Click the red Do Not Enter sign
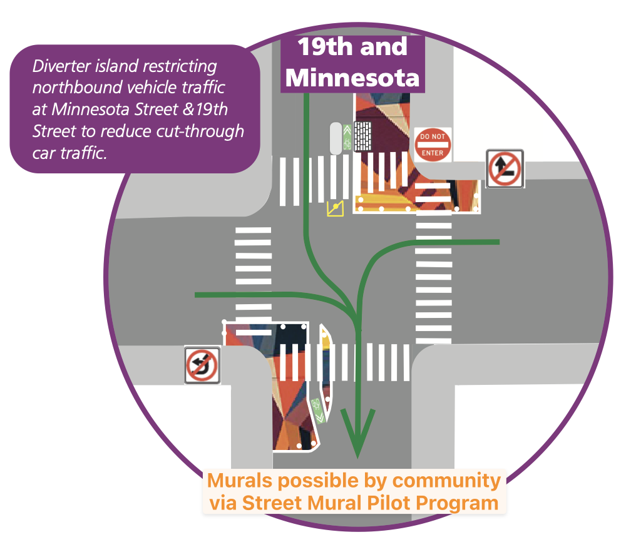433,145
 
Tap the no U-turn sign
202,365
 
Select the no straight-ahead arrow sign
505,168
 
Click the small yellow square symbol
336,208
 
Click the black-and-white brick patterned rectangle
362,136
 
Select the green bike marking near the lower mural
318,410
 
